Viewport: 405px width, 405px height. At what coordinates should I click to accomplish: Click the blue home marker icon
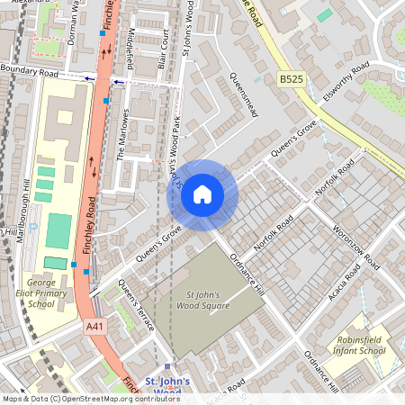point(202,194)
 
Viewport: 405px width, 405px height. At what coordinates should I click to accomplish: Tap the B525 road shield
point(291,80)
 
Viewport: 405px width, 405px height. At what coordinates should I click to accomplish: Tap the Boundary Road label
point(30,70)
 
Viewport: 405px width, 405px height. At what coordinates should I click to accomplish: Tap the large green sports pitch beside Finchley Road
point(58,231)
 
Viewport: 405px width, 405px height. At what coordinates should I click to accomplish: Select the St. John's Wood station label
point(167,385)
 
